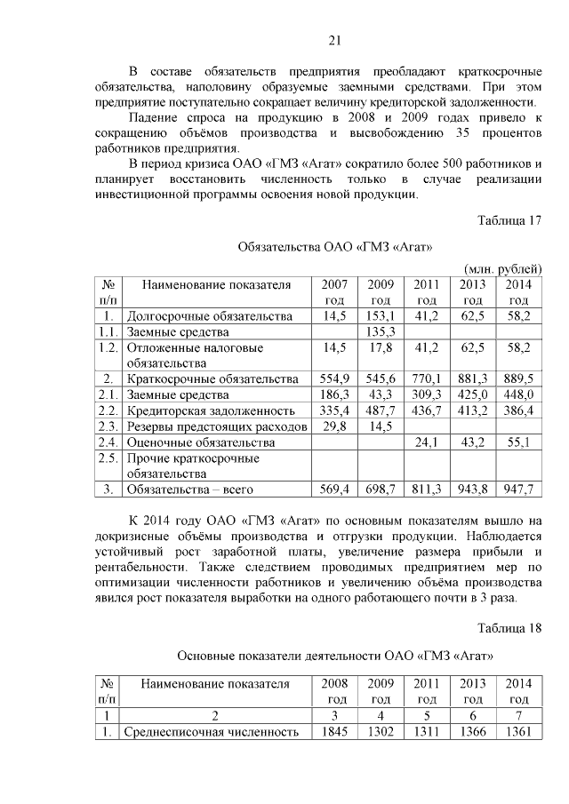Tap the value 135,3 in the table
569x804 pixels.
[x=380, y=331]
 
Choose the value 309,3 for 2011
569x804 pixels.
[x=426, y=394]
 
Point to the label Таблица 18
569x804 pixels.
[x=509, y=629]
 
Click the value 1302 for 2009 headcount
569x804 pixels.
[x=380, y=732]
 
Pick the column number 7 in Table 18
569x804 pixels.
[x=518, y=715]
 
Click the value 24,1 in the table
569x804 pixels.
[x=426, y=442]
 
